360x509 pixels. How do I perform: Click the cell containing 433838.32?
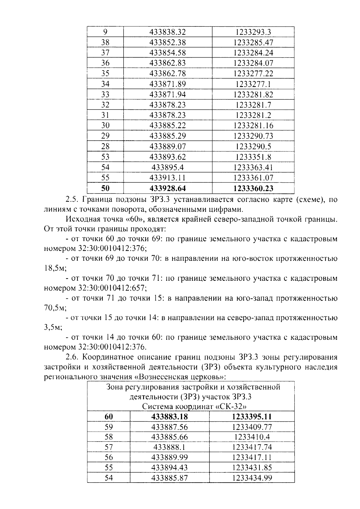(167, 32)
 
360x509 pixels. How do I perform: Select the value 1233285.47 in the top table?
(253, 43)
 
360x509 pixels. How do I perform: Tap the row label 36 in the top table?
(105, 63)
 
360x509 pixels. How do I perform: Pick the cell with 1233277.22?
(253, 73)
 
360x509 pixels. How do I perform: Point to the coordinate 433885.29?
(167, 136)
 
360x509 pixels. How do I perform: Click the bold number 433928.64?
(167, 188)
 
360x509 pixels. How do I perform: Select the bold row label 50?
(105, 188)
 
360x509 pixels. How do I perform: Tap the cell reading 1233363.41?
(253, 167)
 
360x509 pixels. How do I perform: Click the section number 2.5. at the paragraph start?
(72, 199)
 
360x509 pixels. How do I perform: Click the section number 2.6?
(72, 357)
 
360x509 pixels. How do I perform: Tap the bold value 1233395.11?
(252, 417)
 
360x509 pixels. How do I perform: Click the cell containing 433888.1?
(169, 447)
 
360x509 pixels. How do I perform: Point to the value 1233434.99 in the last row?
(252, 478)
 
